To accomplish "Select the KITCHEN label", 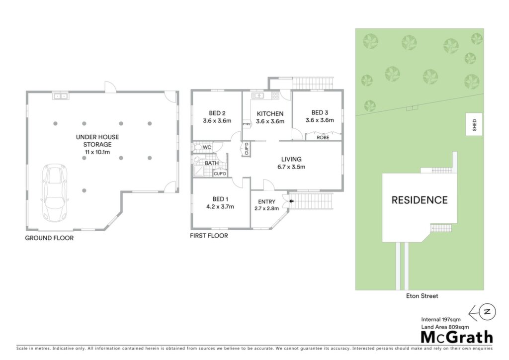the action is (x=270, y=113).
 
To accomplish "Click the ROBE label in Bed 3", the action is (x=323, y=138).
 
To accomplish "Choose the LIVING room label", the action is (x=291, y=159).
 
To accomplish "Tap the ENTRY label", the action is (x=266, y=201).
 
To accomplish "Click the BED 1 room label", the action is (x=220, y=199).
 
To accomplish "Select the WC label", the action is (x=207, y=147).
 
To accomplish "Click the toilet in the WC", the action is (x=198, y=147).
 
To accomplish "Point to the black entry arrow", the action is (x=291, y=201).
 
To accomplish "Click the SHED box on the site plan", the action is (x=474, y=124).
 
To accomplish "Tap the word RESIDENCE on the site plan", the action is (x=420, y=200).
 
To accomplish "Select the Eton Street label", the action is (x=422, y=296).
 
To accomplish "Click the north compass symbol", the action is (x=483, y=312).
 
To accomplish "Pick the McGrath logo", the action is (x=457, y=337).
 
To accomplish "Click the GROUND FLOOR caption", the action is (x=49, y=238).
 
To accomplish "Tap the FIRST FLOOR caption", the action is (x=209, y=236).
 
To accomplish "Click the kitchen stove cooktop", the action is (x=275, y=95).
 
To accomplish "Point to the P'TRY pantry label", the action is (x=247, y=124).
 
